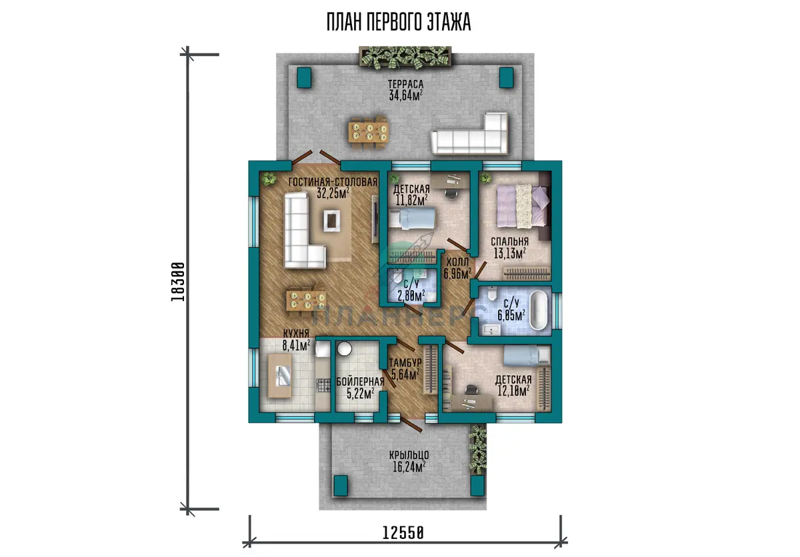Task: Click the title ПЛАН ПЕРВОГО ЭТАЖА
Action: (399, 22)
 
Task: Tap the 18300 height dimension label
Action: (177, 282)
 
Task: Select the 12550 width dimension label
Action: (403, 533)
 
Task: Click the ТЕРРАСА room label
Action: (406, 84)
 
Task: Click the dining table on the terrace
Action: (369, 133)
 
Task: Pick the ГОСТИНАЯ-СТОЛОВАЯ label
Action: (333, 182)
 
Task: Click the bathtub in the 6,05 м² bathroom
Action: (538, 310)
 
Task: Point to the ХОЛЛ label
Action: (457, 262)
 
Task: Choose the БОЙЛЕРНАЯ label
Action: (361, 382)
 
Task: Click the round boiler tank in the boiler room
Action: (344, 348)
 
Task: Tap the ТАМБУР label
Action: (405, 363)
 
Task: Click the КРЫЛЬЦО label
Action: (409, 455)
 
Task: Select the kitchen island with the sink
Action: (280, 375)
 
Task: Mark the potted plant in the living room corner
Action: (269, 178)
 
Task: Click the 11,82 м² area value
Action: (411, 200)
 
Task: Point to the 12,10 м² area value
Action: (513, 391)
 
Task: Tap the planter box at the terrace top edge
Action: (405, 57)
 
